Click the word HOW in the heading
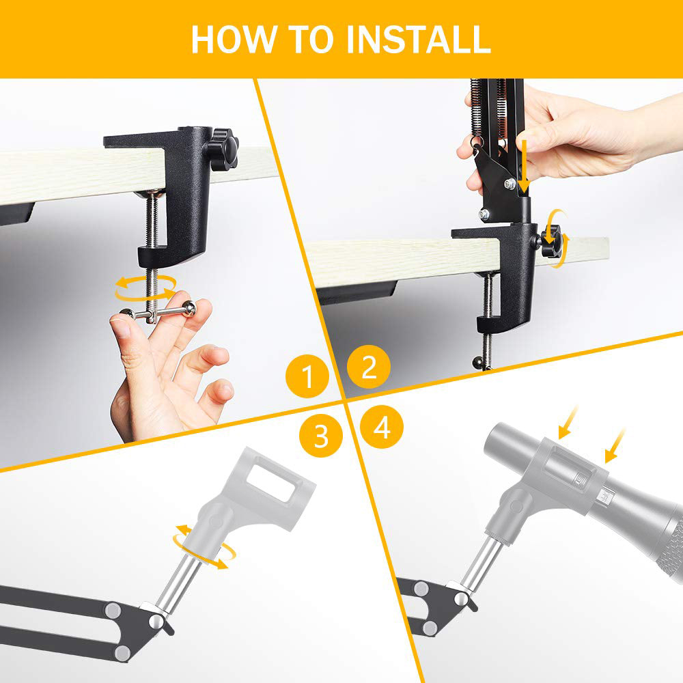pos(234,39)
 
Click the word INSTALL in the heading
pos(419,39)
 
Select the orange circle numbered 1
pos(307,376)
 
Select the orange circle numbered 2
pos(369,367)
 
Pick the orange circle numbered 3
pos(321,435)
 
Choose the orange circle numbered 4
pos(382,427)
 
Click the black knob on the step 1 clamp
pos(223,149)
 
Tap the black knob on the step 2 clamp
pos(551,240)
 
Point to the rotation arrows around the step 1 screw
pos(145,288)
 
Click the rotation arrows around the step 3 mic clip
pos(205,546)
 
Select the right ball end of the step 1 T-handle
pos(189,309)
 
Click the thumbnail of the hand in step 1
pos(121,327)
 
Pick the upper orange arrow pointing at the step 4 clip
pos(568,422)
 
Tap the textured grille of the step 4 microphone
pos(670,546)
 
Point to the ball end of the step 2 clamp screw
pos(478,362)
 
